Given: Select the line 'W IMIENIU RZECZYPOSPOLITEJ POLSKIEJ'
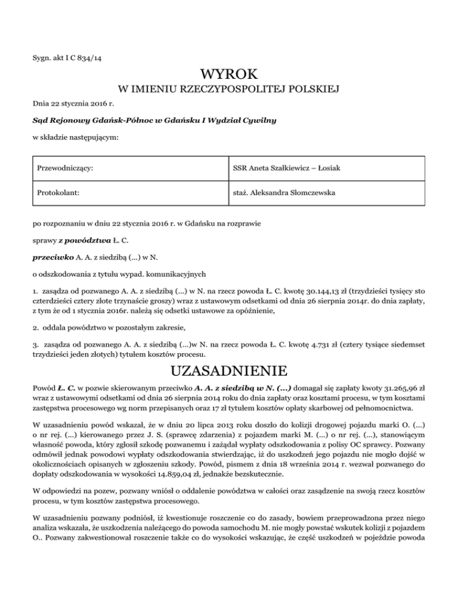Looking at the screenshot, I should pos(229,90).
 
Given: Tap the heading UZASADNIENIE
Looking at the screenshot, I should pos(229,372).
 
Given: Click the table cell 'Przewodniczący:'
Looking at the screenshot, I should pos(68,169).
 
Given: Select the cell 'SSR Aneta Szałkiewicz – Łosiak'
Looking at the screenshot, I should pos(287,169).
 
